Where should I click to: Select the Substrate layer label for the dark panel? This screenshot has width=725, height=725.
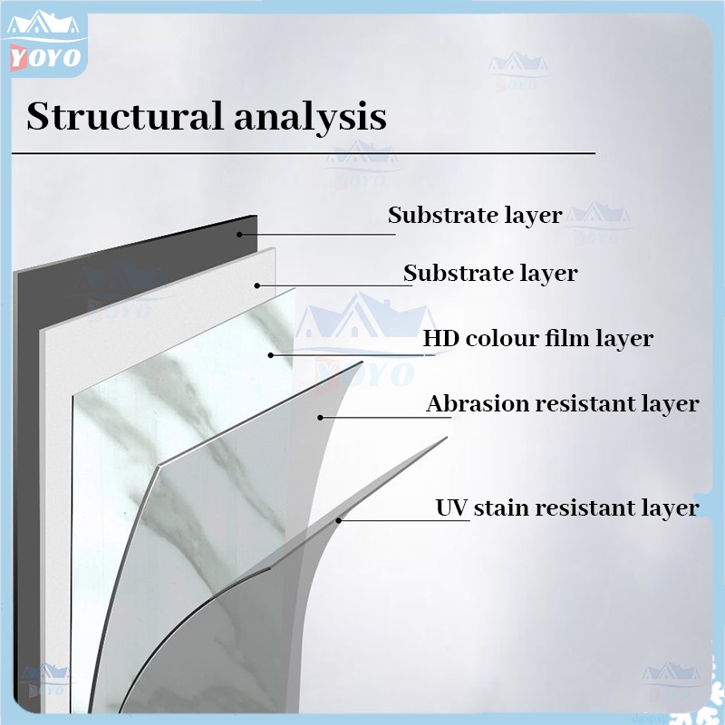(475, 216)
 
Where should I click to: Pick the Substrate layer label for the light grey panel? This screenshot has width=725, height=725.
(490, 273)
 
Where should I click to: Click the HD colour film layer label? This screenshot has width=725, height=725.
(537, 339)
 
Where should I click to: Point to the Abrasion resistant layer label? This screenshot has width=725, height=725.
(563, 404)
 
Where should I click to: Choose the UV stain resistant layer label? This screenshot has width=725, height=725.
(567, 507)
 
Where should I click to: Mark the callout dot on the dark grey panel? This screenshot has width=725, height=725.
(241, 234)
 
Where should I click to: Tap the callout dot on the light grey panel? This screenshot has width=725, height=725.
(257, 285)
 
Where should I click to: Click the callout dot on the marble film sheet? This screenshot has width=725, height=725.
(271, 354)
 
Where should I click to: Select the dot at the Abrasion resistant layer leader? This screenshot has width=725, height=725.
(320, 417)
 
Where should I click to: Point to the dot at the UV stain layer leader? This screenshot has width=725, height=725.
(339, 520)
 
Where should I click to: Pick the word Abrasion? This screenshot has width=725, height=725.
(477, 403)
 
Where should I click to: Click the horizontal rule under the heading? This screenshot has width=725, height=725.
(304, 154)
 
